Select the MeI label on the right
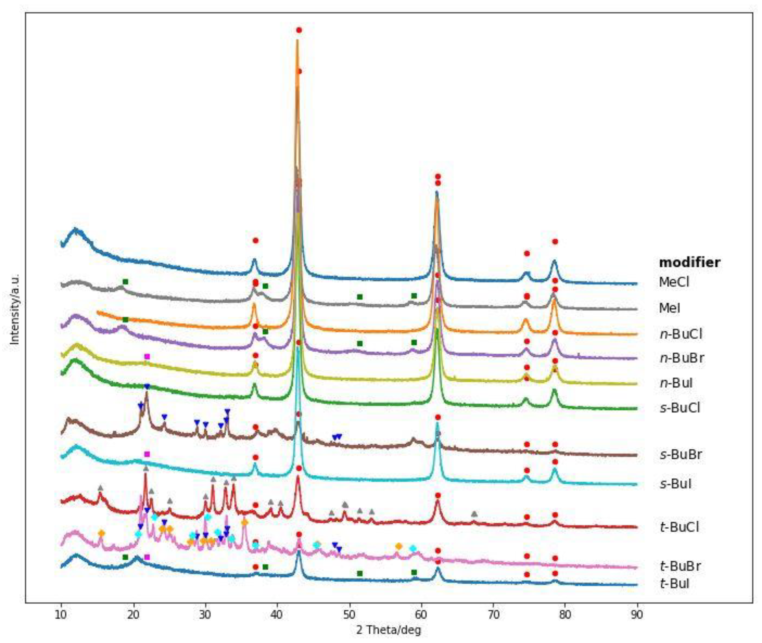click(x=670, y=308)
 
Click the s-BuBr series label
click(x=681, y=455)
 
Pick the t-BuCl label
click(x=679, y=527)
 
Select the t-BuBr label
click(x=680, y=566)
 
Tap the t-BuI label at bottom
click(x=674, y=584)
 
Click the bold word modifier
click(x=689, y=262)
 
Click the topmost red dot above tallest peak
click(x=299, y=30)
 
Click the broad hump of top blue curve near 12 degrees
click(x=76, y=230)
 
